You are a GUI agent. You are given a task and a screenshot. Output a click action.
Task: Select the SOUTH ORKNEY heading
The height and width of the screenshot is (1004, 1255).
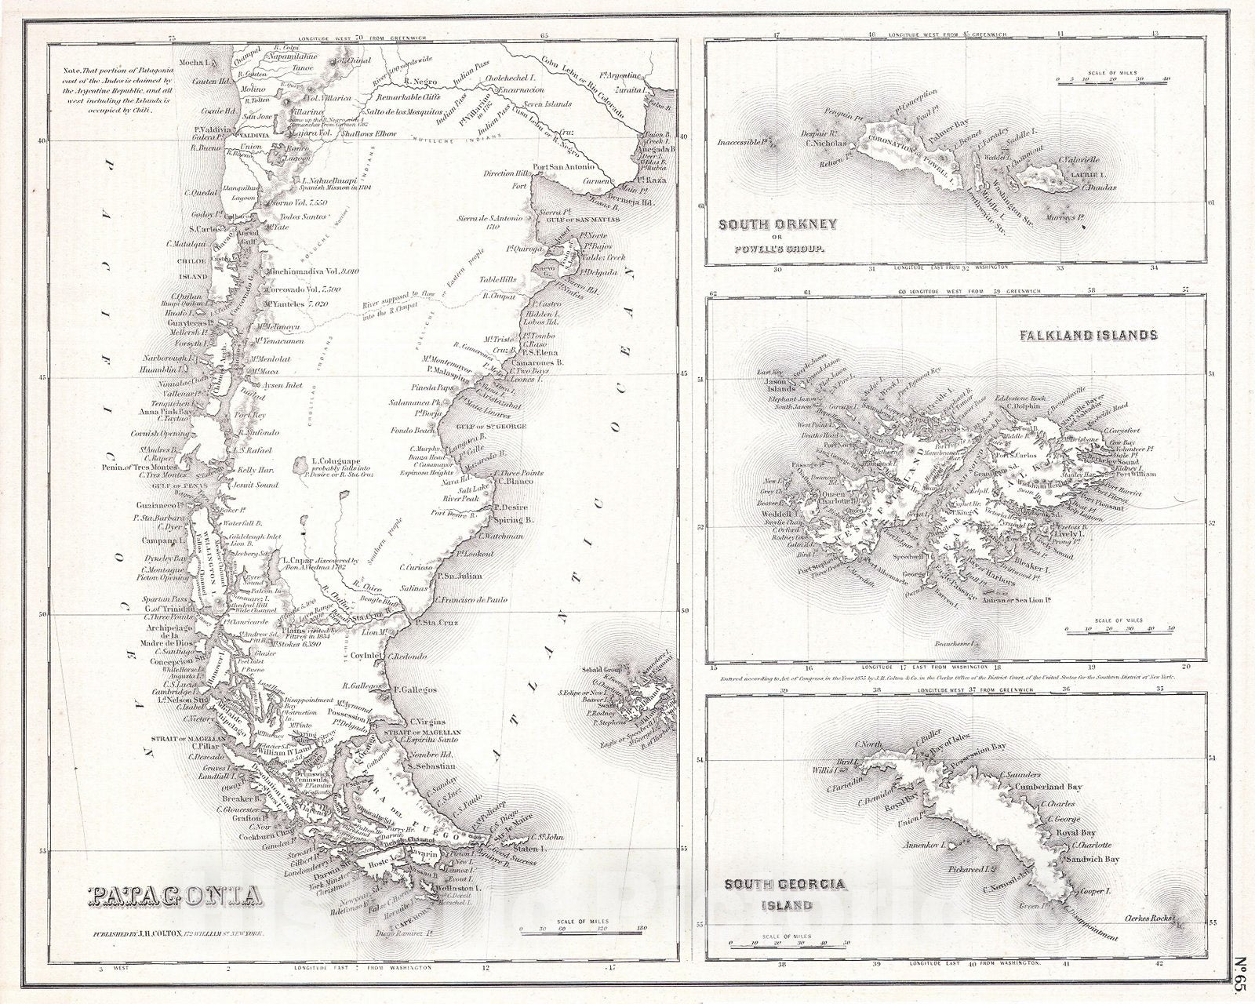pos(778,224)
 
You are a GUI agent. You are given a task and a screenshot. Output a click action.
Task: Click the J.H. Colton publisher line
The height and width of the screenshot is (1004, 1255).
pos(180,936)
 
